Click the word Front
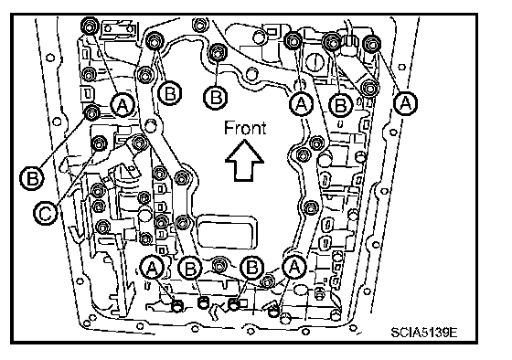click(x=245, y=128)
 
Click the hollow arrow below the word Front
click(x=244, y=161)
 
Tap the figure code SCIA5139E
click(x=424, y=333)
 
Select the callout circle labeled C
click(x=46, y=214)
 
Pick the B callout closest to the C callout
click(x=32, y=178)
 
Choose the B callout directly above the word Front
click(x=216, y=97)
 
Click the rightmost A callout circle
click(x=405, y=103)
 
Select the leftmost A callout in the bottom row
click(x=152, y=268)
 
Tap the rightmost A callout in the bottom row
click(x=294, y=267)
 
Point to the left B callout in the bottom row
click(x=191, y=269)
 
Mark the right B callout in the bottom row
click(x=251, y=268)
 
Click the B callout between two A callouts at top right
click(x=340, y=105)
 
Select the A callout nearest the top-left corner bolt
click(x=123, y=105)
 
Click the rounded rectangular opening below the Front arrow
click(x=228, y=232)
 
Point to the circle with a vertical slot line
click(x=315, y=61)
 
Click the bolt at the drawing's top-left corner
click(x=90, y=26)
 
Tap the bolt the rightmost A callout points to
click(x=371, y=44)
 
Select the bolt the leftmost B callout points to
click(x=91, y=113)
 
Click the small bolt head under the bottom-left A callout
click(x=177, y=306)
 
